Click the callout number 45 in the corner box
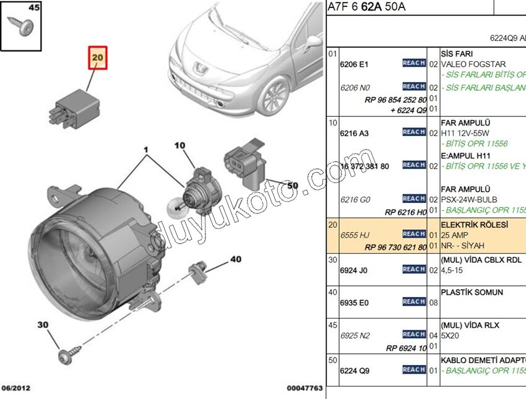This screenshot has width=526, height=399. tap(17, 8)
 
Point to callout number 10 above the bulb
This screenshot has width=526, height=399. tap(179, 146)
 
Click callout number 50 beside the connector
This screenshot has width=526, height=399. tap(292, 185)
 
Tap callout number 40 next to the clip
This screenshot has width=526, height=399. tap(235, 259)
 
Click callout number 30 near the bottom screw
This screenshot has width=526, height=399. tap(43, 325)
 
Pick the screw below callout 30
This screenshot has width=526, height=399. tap(66, 356)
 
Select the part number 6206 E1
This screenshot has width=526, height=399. tap(354, 64)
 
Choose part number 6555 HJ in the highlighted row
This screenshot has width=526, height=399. tap(355, 236)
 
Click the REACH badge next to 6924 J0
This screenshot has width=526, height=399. tap(413, 269)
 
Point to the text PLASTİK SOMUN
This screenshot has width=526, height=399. tap(472, 292)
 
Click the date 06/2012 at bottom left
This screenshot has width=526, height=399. tap(15, 388)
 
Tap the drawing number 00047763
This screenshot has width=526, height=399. tap(304, 388)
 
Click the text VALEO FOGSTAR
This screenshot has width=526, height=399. tap(473, 64)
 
